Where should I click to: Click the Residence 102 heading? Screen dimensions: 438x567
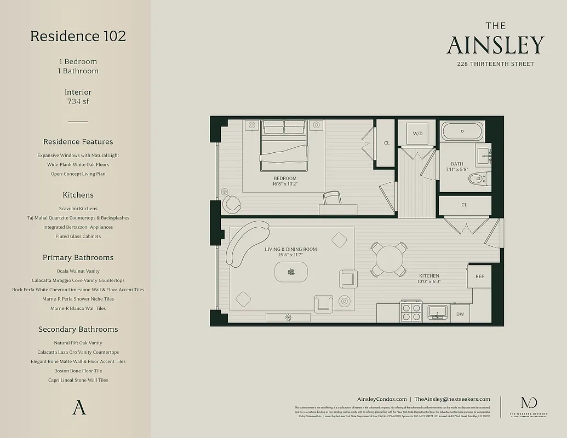[x=78, y=36]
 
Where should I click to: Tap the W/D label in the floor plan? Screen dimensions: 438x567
[x=417, y=133]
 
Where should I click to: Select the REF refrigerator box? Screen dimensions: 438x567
[x=479, y=276]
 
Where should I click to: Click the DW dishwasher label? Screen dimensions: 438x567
[x=460, y=314]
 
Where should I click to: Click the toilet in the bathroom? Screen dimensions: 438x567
[x=479, y=178]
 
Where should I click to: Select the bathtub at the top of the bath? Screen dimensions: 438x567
[x=462, y=131]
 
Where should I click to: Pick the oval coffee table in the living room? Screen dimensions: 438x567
[x=291, y=272]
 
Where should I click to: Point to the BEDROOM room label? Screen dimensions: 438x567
[x=285, y=178]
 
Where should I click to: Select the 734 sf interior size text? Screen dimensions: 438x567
[x=78, y=101]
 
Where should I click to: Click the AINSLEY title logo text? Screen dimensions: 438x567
[x=495, y=45]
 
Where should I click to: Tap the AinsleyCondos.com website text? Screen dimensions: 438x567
[x=381, y=399]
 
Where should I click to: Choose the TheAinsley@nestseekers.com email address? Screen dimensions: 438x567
[x=452, y=399]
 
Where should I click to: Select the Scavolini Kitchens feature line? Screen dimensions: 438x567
[x=78, y=209]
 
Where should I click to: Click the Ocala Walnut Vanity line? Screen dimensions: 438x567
[x=78, y=271]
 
